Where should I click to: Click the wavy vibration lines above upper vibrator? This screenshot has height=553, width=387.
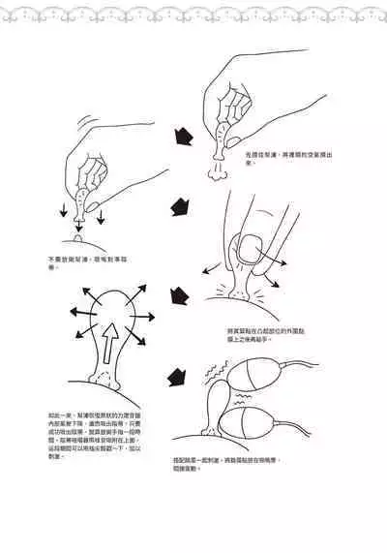(236, 372)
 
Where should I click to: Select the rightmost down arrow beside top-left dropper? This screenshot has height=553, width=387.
(100, 215)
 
